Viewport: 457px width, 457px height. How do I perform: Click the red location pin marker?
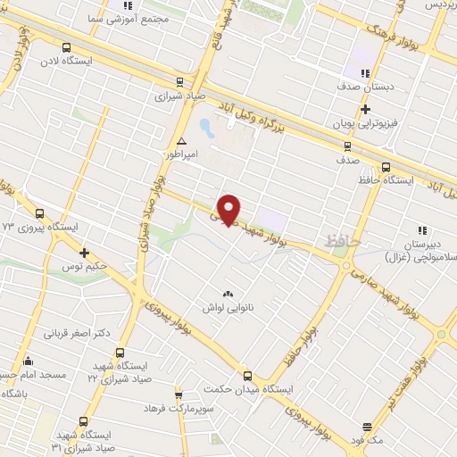230,209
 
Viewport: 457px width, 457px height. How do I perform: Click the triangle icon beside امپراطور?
182,141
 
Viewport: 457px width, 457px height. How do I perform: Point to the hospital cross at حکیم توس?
85,253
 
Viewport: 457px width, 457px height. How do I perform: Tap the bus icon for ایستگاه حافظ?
385,166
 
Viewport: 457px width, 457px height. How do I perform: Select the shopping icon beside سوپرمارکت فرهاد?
179,394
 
